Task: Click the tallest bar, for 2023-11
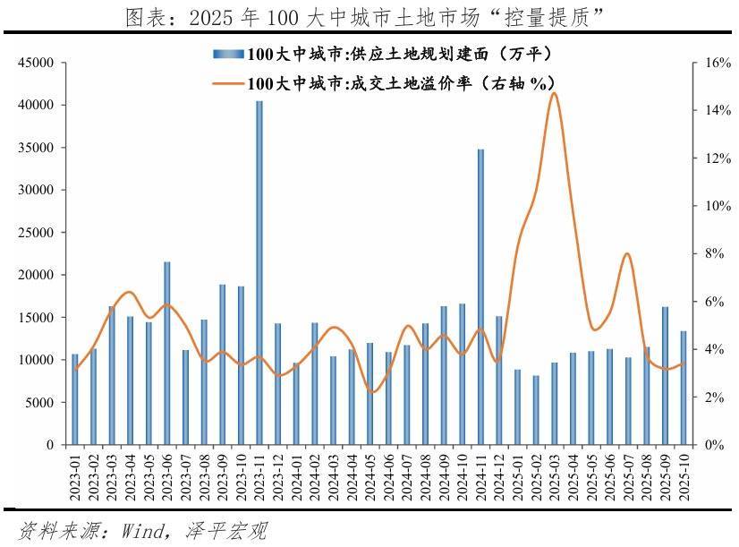259,272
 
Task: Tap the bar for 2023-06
167,353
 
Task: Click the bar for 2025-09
665,375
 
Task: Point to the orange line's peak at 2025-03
554,93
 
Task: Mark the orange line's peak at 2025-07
627,254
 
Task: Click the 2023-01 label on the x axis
75,475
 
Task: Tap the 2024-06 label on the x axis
388,475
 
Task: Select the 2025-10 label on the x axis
684,475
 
